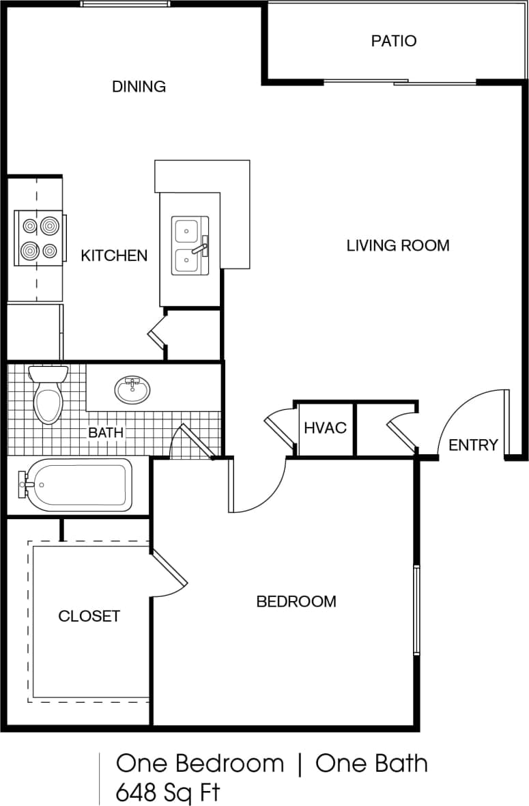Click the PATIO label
point(393,41)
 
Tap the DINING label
point(139,87)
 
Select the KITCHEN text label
point(114,255)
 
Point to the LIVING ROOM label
point(398,245)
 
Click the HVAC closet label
point(325,428)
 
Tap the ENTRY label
point(473,445)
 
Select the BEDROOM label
point(296,602)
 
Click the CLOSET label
point(89,616)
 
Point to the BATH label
point(106,432)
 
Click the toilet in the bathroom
point(48,396)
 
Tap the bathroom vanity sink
point(132,389)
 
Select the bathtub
point(76,484)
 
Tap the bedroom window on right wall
point(416,610)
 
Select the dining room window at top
point(124,4)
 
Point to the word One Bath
point(371,763)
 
